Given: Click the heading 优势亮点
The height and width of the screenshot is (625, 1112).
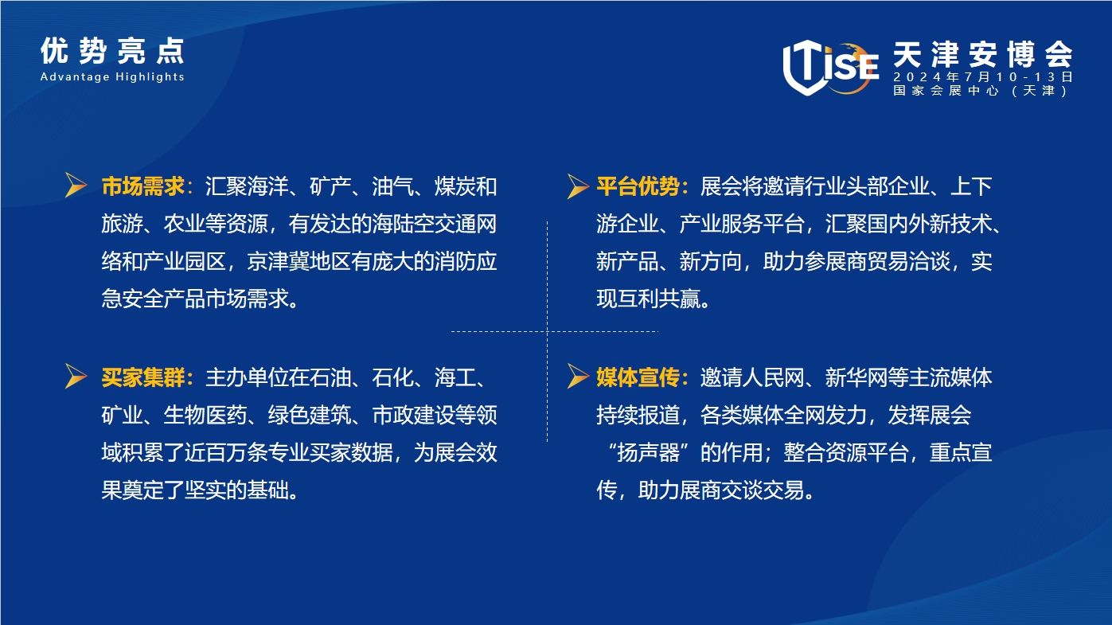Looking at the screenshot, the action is pos(112,51).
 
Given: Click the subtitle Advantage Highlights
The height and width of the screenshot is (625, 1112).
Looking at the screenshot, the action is pos(112,77).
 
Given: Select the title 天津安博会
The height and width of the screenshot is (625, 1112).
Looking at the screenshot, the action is pos(983,54).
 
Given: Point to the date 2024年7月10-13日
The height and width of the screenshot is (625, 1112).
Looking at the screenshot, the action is pos(983,77).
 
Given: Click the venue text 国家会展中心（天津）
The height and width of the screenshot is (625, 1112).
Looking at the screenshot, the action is pos(981,90).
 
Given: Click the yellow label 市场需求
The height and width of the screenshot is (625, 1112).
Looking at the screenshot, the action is pos(143,186).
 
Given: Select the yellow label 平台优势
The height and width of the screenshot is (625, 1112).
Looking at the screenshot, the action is pos(638,186).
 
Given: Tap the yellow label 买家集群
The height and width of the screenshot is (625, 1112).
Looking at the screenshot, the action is pos(143,377).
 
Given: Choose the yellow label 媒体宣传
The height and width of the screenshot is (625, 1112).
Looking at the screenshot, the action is pos(638,377).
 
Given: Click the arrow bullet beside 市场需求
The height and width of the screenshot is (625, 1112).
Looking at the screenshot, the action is pos(76,186).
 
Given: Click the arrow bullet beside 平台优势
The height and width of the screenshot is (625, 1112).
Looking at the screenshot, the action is pos(579,186).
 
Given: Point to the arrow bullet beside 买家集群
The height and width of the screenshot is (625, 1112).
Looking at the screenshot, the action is pos(76,376).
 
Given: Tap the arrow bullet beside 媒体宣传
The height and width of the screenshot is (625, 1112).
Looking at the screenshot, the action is pos(579,376).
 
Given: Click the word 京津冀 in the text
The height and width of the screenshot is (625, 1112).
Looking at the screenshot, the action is pos(278,262).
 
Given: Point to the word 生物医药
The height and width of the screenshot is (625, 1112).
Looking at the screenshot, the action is pos(205,415).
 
